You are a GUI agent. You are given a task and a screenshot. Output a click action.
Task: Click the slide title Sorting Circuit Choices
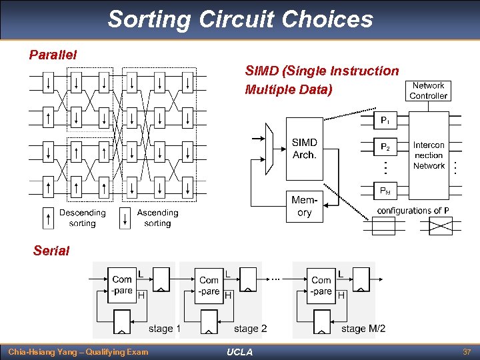coord(240,19)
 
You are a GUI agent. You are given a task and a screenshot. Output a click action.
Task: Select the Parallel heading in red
coord(53,55)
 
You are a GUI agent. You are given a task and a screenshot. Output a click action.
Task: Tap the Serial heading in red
coord(51,251)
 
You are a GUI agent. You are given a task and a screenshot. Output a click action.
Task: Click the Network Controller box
coord(428,91)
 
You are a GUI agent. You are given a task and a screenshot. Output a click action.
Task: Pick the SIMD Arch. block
coord(304,149)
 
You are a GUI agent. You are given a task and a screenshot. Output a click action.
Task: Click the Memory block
coord(304,206)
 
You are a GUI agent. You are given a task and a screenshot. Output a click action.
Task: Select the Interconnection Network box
coord(429,155)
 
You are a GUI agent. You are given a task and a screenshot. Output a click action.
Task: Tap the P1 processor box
coord(385,120)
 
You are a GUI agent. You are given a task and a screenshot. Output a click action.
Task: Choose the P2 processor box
coord(385,147)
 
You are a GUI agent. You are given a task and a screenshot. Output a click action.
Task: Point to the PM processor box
coord(385,191)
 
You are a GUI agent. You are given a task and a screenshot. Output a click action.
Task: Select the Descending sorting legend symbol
coord(48,218)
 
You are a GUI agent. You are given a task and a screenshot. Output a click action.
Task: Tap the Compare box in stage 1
coord(122,285)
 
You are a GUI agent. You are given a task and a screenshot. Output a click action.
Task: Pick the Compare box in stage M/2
coord(321,285)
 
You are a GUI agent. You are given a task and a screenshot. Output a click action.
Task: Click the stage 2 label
coord(250,329)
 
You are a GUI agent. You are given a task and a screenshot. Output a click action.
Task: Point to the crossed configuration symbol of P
coord(441,227)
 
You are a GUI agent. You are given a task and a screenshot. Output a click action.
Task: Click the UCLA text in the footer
coord(239,352)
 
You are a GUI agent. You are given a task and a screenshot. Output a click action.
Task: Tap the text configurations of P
coord(413,211)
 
